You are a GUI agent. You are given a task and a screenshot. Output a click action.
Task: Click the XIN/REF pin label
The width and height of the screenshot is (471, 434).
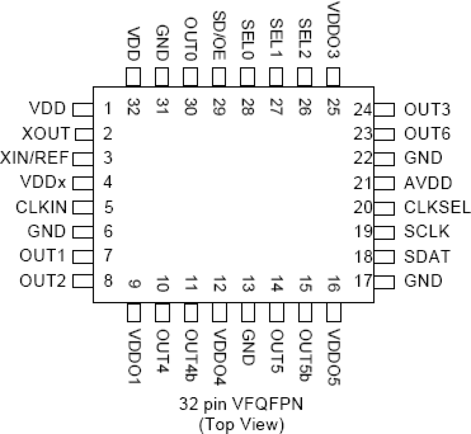(34, 158)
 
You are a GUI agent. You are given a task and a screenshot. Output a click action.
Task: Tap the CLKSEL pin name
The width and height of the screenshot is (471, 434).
(437, 207)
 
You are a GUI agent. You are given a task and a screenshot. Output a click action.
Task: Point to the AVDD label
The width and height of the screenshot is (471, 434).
(428, 183)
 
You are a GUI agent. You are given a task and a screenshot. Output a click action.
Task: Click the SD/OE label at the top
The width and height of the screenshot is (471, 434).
(219, 36)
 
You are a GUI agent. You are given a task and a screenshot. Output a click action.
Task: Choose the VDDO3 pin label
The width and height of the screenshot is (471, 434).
(333, 30)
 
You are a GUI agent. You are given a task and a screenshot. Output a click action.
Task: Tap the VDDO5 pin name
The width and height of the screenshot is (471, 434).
(333, 357)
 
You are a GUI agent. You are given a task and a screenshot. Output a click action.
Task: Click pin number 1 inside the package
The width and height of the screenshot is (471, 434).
(108, 109)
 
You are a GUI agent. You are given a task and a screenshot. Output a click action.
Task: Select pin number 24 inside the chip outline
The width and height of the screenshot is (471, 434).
(363, 109)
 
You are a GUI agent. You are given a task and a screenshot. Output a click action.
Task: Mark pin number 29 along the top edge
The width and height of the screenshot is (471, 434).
(219, 107)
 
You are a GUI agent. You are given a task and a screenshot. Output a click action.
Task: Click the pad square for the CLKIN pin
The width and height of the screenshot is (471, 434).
(82, 207)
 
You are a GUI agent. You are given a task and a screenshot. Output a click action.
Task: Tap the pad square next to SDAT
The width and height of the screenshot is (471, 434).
(384, 257)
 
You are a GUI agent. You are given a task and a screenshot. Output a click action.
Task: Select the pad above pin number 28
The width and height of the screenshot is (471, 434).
(247, 77)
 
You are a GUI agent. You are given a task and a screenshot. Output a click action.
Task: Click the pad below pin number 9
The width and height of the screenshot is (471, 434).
(134, 313)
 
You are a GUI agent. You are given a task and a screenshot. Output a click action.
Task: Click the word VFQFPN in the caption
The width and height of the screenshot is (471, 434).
(267, 404)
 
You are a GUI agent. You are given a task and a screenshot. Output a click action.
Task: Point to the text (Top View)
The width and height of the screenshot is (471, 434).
(241, 424)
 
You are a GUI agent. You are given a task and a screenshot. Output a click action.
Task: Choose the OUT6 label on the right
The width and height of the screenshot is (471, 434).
(427, 134)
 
